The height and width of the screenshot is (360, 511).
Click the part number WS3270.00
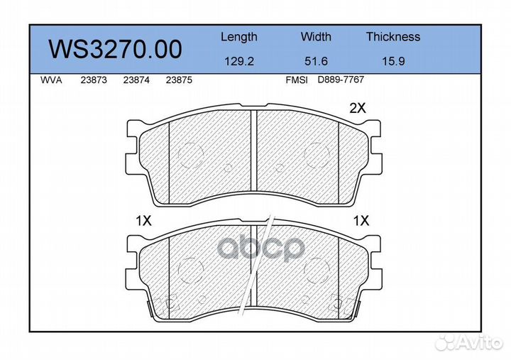[114, 49]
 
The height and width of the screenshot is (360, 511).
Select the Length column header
[239, 37]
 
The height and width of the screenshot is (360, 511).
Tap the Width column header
[316, 37]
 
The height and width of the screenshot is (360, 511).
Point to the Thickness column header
[393, 37]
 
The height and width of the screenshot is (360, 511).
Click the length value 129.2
[239, 61]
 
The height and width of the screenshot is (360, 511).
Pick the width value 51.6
[316, 61]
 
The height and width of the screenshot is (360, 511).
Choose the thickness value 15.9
[392, 61]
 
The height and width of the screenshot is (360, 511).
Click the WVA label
[52, 80]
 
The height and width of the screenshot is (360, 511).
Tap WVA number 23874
[136, 80]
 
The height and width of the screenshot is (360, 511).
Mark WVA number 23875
[179, 80]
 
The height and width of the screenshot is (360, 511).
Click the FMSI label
[296, 80]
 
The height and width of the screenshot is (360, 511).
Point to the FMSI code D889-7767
[341, 80]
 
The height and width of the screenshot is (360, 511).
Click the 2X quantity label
[357, 109]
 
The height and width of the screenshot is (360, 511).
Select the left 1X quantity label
[144, 221]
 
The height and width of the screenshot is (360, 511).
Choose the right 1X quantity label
[361, 221]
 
